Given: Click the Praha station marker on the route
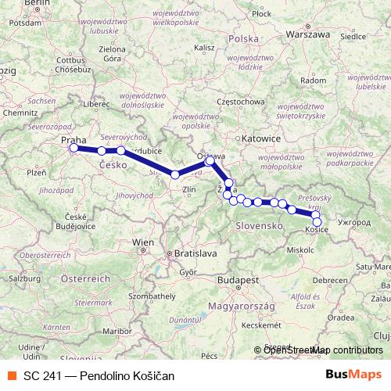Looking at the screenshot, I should [74, 148].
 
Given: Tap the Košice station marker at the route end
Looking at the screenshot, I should [317, 222].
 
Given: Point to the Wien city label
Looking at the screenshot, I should [143, 243].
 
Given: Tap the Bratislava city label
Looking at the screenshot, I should [195, 254].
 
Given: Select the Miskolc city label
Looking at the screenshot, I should [300, 250].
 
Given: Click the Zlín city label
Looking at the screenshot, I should [188, 189].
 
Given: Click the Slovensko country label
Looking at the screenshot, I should [258, 225].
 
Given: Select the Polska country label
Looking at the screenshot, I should [244, 38].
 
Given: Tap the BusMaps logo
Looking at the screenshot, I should [353, 375].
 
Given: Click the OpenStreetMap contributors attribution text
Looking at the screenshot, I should [317, 350].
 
